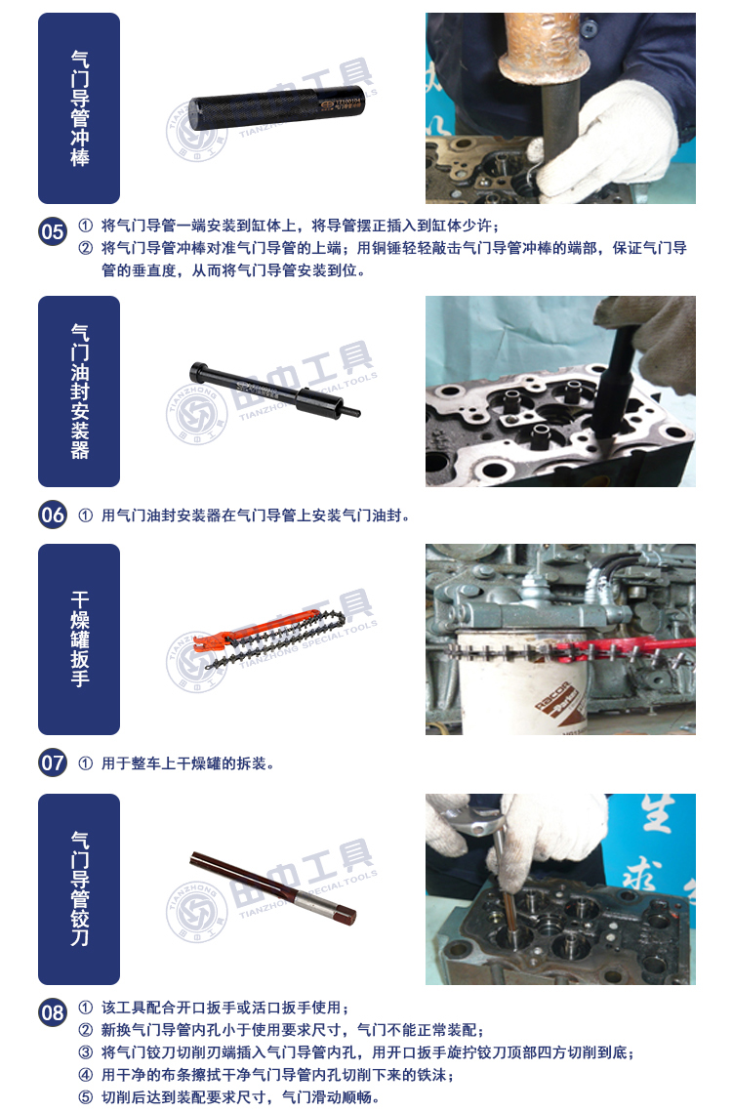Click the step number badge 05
[53, 232]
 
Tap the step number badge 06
[53, 515]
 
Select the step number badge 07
[53, 763]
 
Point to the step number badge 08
[53, 1012]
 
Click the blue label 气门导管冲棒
[79, 108]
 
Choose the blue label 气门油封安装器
[79, 391]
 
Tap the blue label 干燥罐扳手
[79, 639]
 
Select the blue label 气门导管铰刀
[79, 889]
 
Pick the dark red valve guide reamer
[273, 889]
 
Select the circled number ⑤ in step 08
[86, 1097]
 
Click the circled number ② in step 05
[86, 248]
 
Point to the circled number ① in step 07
[86, 763]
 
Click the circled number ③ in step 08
[86, 1051]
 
